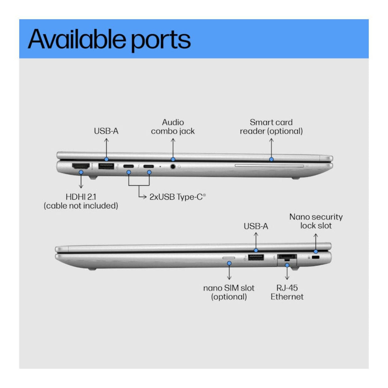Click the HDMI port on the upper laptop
click(80, 166)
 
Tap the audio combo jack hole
click(173, 166)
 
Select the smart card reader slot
click(269, 166)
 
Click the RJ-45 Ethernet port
click(287, 257)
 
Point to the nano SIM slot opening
click(229, 257)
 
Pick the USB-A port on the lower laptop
click(256, 257)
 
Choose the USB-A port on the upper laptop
click(106, 166)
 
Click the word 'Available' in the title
click(77, 39)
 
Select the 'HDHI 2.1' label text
click(81, 197)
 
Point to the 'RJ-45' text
click(287, 288)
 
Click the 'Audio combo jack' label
click(173, 127)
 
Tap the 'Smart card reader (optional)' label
click(271, 127)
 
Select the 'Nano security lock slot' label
click(316, 221)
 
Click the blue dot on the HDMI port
click(81, 172)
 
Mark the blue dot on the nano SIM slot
click(229, 263)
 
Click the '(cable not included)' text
click(81, 206)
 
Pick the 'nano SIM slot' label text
click(229, 288)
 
